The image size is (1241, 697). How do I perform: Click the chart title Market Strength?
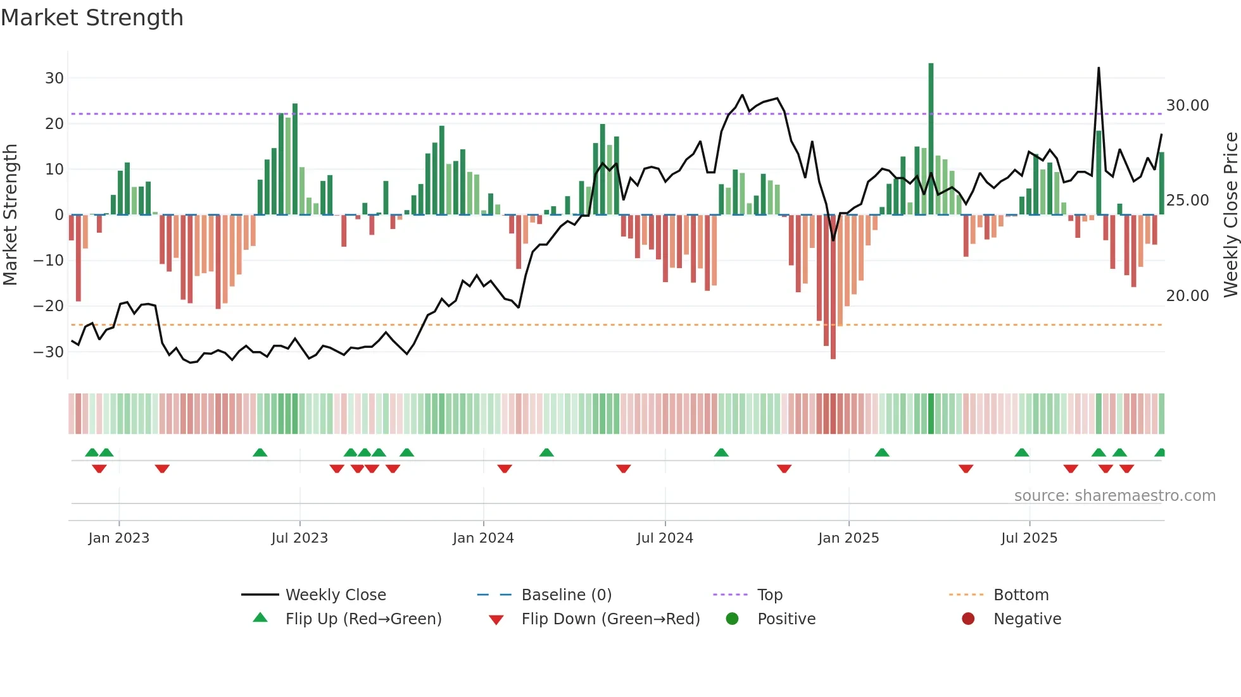pos(92,18)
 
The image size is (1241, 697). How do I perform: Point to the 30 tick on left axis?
pos(54,78)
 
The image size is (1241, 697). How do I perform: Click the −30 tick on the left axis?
pos(49,352)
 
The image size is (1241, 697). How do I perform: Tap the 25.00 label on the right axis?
pos(1187,200)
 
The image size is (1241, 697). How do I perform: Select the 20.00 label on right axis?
pos(1187,295)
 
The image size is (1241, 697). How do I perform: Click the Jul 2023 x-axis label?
pos(299,538)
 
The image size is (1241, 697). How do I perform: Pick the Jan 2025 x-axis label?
pos(848,538)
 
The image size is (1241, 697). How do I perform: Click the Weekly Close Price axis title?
pos(1230,215)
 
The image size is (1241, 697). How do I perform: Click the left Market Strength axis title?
pos(10,215)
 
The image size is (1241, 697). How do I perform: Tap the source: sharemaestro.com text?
pos(1114,496)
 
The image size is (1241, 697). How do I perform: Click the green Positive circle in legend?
pos(733,619)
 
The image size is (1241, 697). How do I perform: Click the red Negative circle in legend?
pos(968,619)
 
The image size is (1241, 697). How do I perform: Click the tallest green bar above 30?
pos(931,139)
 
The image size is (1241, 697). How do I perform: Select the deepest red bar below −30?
pos(833,288)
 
